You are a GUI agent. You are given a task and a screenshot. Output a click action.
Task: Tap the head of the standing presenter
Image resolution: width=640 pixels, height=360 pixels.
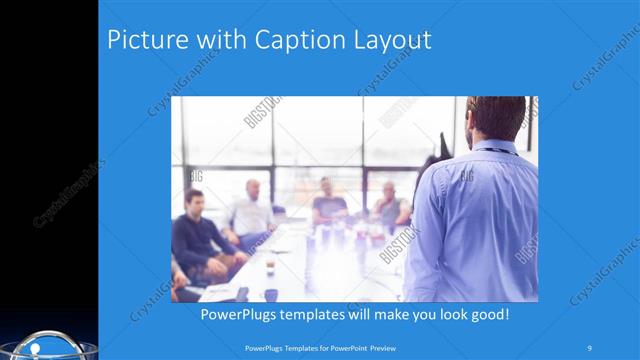coord(497,118)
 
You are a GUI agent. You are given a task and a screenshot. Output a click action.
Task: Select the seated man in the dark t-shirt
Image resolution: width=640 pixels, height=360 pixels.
coord(328,204)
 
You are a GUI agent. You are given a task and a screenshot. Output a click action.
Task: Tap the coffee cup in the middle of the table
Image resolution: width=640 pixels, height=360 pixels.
coord(270,264)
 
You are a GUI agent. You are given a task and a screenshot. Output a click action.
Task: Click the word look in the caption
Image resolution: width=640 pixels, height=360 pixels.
coord(441,315)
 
